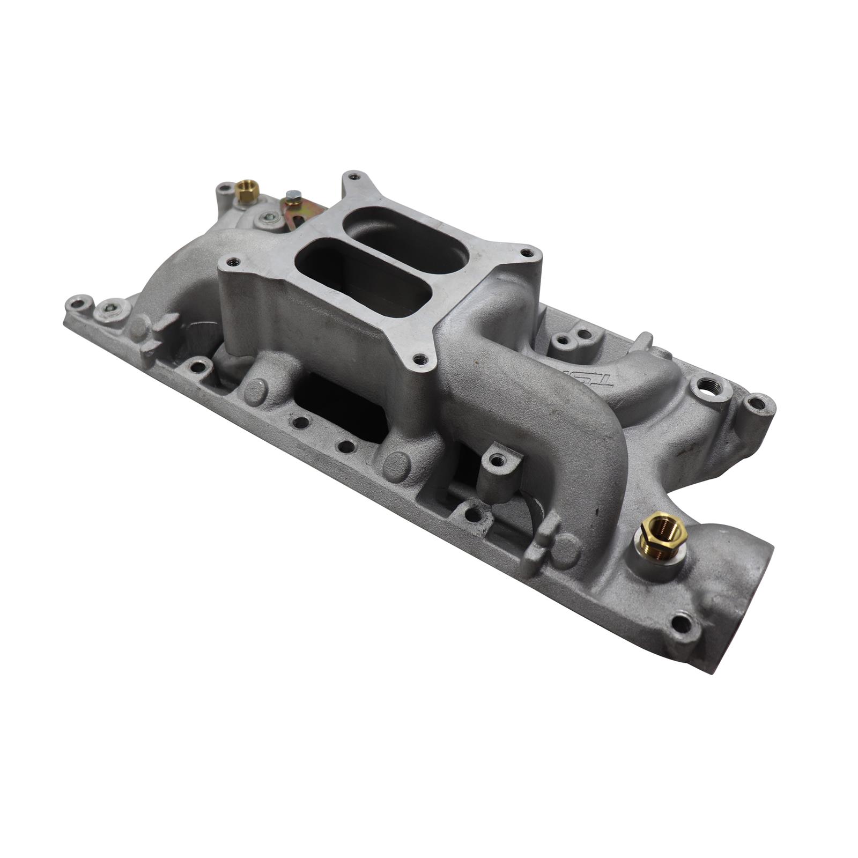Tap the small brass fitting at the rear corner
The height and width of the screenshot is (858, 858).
[247, 191]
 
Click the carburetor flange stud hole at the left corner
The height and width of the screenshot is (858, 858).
[232, 262]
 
